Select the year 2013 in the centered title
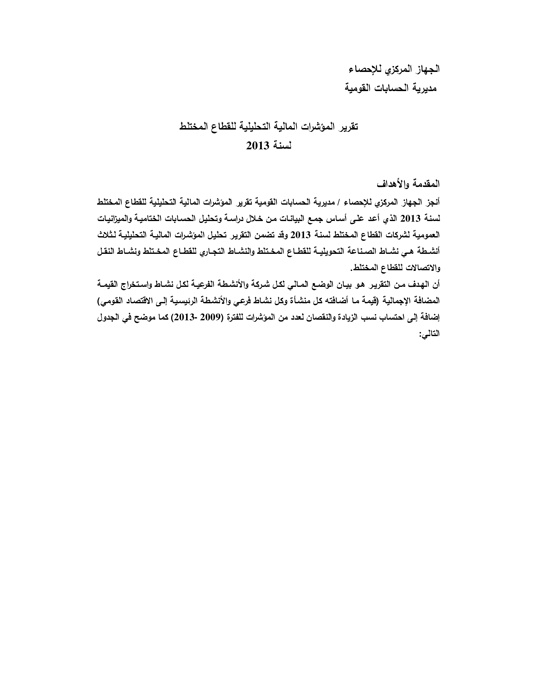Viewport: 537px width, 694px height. coord(258,146)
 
